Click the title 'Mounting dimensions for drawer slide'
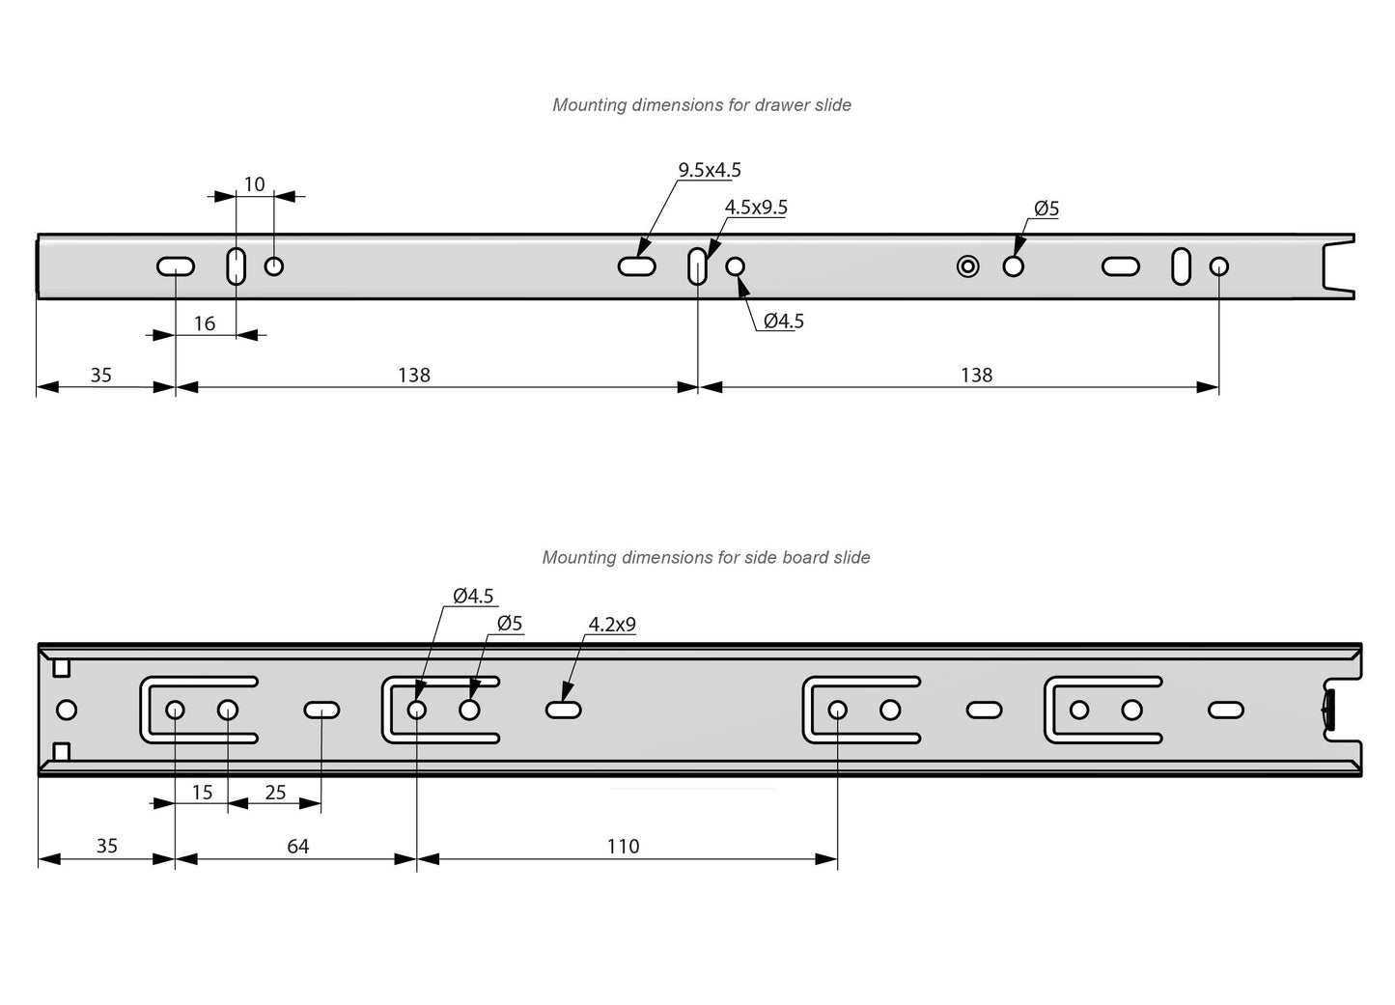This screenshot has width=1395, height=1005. [701, 104]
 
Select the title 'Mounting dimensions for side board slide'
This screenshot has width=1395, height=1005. [706, 557]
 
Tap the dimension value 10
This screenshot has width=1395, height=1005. [254, 184]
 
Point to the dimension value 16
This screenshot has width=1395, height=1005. [205, 323]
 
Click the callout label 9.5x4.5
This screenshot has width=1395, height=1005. [710, 170]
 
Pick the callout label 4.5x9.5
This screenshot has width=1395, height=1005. [756, 208]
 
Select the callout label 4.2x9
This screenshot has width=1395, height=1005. [612, 625]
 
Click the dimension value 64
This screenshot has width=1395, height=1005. [298, 846]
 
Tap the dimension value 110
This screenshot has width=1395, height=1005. [623, 846]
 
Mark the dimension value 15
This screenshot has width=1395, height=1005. [202, 793]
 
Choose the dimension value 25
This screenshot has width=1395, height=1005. [275, 793]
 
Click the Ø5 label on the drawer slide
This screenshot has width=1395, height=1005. [1046, 209]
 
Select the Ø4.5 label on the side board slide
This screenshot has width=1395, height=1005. [473, 597]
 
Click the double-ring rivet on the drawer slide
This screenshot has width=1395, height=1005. [967, 266]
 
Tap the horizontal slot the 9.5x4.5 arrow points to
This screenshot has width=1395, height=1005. [637, 266]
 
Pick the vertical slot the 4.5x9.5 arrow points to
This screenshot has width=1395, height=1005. [697, 265]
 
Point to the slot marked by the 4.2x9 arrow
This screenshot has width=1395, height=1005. [563, 711]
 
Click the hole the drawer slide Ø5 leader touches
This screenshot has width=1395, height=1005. [1013, 266]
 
